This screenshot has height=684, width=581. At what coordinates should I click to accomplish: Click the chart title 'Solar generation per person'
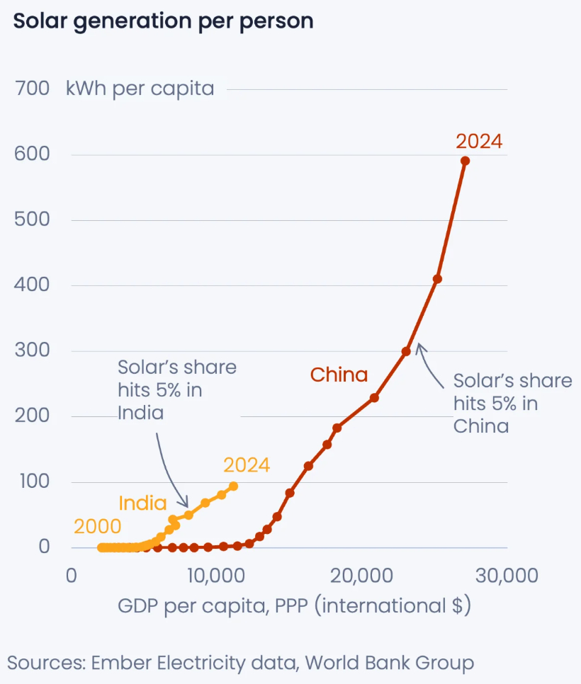click(x=163, y=21)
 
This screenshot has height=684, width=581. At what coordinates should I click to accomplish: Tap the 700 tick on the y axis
click(x=31, y=89)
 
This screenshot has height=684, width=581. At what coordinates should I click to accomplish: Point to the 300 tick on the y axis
click(x=31, y=350)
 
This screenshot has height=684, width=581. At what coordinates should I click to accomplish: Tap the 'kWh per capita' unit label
click(x=140, y=89)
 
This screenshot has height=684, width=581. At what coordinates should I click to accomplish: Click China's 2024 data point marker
click(x=465, y=161)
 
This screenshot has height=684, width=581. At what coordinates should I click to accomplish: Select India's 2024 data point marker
click(x=233, y=486)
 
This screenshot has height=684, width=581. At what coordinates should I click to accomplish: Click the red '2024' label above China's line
click(x=479, y=142)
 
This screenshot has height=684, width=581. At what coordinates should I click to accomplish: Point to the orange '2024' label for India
click(x=247, y=465)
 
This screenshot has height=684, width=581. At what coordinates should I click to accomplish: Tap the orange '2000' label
click(x=98, y=527)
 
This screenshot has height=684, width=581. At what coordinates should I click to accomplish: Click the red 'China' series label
click(x=339, y=375)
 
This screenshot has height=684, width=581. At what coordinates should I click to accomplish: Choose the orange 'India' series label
click(x=142, y=503)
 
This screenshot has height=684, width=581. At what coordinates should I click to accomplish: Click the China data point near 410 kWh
click(x=437, y=279)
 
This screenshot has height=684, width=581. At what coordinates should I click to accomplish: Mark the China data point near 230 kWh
click(x=374, y=398)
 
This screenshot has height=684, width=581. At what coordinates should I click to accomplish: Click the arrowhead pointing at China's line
click(x=419, y=346)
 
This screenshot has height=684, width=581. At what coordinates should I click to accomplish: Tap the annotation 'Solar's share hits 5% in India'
click(x=176, y=389)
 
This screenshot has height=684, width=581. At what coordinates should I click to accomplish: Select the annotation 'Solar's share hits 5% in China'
click(x=512, y=403)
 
